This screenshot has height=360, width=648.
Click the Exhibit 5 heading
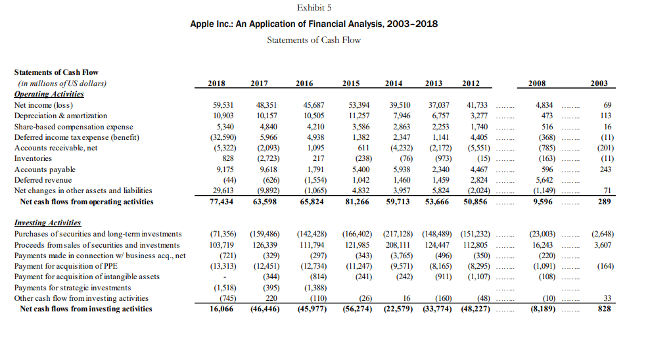point(314,8)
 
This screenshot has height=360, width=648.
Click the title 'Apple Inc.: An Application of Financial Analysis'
point(313,24)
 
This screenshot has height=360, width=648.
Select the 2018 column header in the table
point(217,83)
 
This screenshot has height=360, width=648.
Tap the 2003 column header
point(599,83)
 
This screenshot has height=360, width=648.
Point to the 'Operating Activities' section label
point(49,94)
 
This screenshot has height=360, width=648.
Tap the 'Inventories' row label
point(32,158)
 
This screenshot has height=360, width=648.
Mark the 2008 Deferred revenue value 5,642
point(544,180)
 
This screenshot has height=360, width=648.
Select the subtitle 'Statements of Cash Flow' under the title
point(313,39)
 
